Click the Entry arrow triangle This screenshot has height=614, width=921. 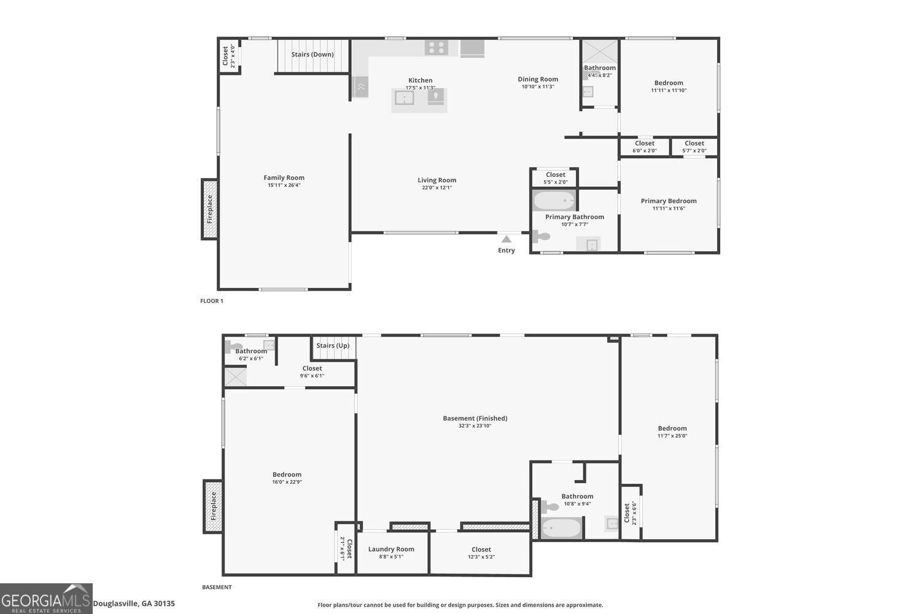click(506, 239)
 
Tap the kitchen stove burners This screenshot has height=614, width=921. click(436, 48)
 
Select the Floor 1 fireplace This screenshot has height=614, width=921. click(209, 209)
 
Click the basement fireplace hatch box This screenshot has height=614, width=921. click(213, 507)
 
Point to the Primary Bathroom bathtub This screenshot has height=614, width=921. click(554, 201)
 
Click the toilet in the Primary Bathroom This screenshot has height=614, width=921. click(541, 236)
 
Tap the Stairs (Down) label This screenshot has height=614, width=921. click(312, 54)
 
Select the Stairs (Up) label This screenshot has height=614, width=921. click(333, 346)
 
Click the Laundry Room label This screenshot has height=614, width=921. click(391, 549)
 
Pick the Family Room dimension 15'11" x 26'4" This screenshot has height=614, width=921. click(284, 185)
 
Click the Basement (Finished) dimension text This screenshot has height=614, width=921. click(475, 426)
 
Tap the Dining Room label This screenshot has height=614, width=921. click(538, 79)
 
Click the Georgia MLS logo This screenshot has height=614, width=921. click(46, 599)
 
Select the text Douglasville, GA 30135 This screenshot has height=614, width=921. click(134, 604)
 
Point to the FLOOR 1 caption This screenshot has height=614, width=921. click(211, 301)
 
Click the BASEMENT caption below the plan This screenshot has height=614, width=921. click(217, 587)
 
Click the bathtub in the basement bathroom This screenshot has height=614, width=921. click(561, 527)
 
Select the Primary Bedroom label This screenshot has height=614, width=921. click(669, 201)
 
